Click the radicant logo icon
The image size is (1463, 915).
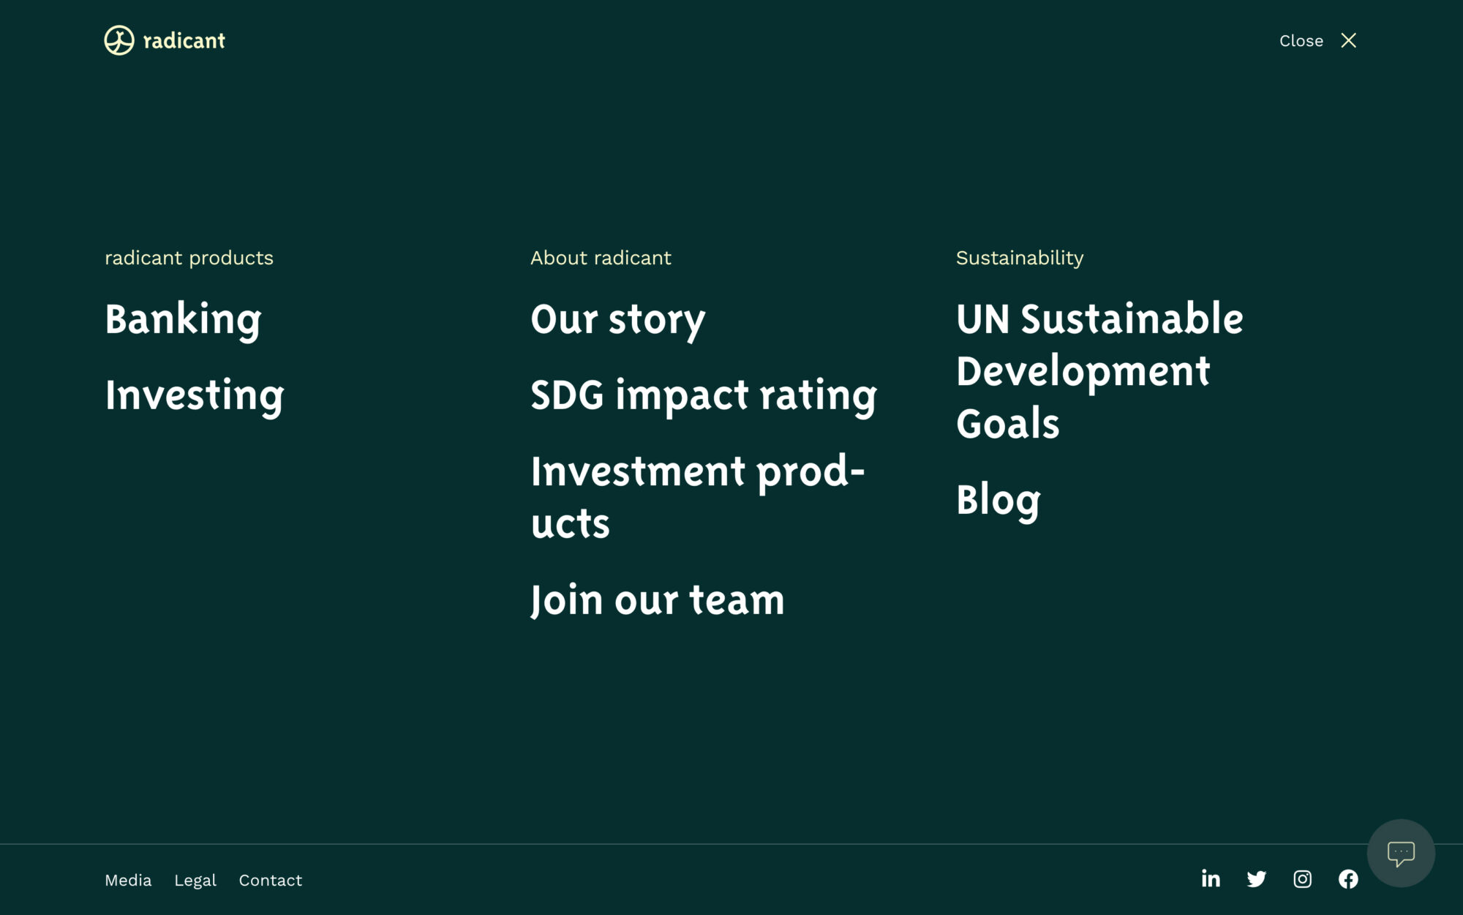[x=119, y=40]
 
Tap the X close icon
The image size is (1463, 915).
[x=1349, y=40]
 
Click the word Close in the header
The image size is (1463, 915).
[x=1301, y=41]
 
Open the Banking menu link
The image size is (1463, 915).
[x=184, y=320]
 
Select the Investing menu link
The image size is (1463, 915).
[x=195, y=396]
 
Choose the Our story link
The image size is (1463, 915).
[x=618, y=320]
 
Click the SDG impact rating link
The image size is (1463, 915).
[x=704, y=396]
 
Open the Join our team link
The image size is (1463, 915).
[x=658, y=600]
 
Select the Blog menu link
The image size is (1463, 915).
[x=998, y=501]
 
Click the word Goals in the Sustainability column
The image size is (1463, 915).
[x=1008, y=423]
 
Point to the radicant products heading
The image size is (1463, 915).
[x=189, y=258]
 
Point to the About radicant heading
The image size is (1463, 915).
[x=601, y=258]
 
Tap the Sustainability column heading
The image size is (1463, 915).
[x=1020, y=258]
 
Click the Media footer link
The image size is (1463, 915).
[x=128, y=880]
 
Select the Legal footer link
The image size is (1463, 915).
[x=195, y=881]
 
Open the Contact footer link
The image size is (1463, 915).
[x=271, y=880]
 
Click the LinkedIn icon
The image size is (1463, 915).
[x=1211, y=878]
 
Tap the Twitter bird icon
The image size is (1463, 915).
[x=1257, y=879]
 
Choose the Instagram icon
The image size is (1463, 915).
[x=1303, y=879]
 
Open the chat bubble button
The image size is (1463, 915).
[x=1401, y=853]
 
